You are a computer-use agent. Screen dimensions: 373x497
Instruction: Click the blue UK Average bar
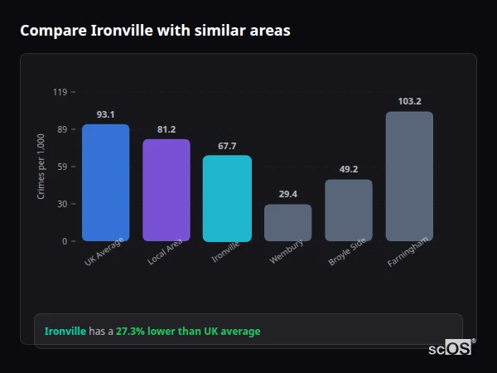105,182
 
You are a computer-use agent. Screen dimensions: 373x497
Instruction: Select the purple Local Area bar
166,190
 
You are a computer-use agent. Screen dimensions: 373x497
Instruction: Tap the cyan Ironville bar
227,198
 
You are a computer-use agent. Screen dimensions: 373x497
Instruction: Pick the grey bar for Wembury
287,222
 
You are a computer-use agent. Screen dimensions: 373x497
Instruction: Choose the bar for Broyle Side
348,210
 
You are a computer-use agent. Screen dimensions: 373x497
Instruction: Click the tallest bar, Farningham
409,176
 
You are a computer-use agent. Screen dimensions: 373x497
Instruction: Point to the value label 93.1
105,114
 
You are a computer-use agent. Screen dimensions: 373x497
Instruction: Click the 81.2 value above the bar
166,129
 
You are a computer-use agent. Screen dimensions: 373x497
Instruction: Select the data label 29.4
287,194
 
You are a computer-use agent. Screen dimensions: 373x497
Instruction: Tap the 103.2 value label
409,101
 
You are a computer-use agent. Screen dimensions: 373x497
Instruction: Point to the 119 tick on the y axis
60,92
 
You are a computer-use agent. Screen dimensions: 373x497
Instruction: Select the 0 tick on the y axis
64,241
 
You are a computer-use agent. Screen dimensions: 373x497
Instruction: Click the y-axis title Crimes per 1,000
41,167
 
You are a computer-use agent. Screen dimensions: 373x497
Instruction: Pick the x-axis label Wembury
287,251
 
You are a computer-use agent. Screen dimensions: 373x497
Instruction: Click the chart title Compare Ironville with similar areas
155,31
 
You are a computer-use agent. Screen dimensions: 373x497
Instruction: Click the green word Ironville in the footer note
65,331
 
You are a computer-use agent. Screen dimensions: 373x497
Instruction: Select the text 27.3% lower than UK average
188,331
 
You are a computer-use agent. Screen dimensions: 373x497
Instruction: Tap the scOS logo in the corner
451,348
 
